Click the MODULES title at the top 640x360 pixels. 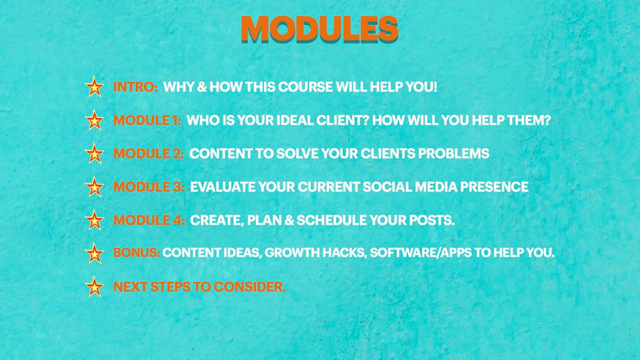tap(320, 29)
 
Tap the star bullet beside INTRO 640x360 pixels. tap(94, 87)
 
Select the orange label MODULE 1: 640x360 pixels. tap(147, 120)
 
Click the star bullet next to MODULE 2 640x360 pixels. tap(94, 153)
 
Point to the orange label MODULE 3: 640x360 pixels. tap(149, 187)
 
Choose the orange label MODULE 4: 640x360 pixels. tap(149, 220)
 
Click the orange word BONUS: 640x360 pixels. tap(137, 253)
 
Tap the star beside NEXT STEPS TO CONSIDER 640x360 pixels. tap(94, 287)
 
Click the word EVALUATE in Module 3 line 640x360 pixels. tap(223, 187)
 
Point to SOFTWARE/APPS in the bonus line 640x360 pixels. tap(421, 253)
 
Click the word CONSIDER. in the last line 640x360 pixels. tap(250, 287)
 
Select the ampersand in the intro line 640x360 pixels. tap(202, 87)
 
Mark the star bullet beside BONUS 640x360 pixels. tap(94, 253)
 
